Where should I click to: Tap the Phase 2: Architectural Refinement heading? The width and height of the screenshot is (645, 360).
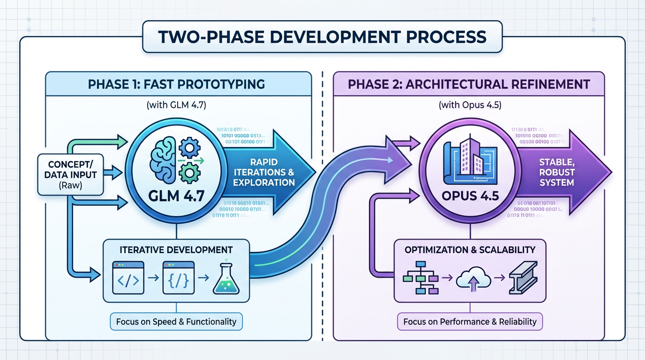[x=469, y=84]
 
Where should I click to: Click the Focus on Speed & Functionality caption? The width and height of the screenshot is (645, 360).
[x=176, y=322]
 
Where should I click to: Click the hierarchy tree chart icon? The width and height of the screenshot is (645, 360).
[x=420, y=280]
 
